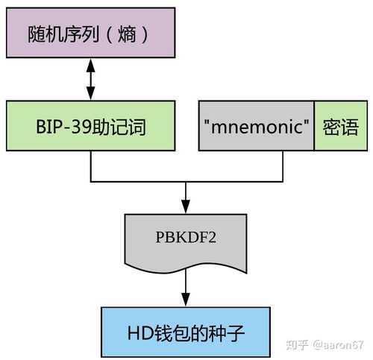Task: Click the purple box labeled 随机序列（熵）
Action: coord(91,33)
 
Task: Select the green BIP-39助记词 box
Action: coord(91,126)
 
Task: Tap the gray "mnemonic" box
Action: coord(257,126)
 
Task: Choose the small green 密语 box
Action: coord(341,126)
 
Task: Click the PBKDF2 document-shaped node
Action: coord(186,242)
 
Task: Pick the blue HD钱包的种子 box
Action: coord(186,332)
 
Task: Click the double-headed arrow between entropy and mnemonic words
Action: coord(90,79)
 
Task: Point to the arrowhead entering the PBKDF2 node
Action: coord(186,206)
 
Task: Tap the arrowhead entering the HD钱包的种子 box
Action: coord(186,300)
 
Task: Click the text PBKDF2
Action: coord(186,237)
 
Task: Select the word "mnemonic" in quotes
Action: coord(257,126)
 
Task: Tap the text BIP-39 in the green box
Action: coord(63,127)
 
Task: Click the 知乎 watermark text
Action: coord(297,345)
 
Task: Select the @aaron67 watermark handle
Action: coord(339,345)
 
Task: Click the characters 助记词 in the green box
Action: coord(119,127)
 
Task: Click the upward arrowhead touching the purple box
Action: coord(90,66)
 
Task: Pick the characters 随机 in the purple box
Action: coord(46,34)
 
